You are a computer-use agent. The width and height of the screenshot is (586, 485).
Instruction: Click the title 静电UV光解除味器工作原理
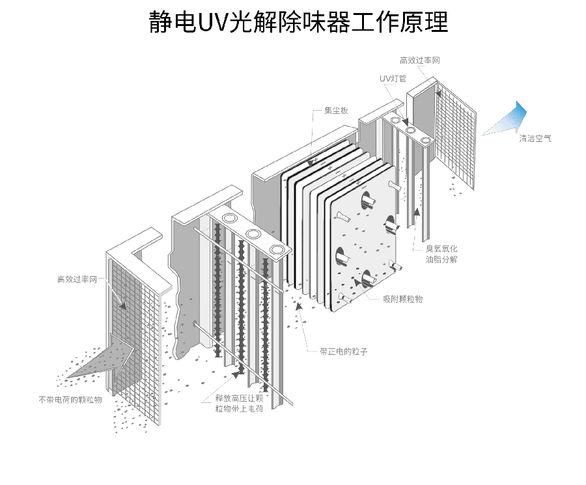[x=298, y=22]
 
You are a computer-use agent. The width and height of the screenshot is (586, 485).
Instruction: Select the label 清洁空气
[x=535, y=139]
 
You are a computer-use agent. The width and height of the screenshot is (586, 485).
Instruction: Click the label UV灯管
[x=393, y=79]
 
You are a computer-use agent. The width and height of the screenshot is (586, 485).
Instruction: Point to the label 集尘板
[x=336, y=110]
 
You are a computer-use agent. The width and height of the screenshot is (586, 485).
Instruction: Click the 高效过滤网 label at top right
[x=420, y=60]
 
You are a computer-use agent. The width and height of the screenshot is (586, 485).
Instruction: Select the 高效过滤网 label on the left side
[x=77, y=279]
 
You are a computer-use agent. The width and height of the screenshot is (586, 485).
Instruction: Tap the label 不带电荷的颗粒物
[x=70, y=400]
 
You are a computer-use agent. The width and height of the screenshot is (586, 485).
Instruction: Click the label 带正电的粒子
[x=343, y=352]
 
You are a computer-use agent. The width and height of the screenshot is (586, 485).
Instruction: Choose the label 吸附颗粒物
[x=403, y=299]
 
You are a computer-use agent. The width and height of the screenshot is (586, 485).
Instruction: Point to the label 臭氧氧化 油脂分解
[x=441, y=254]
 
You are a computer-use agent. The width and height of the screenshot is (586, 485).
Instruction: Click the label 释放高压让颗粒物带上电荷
[x=239, y=404]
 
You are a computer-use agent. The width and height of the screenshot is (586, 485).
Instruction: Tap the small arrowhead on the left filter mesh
[x=122, y=305]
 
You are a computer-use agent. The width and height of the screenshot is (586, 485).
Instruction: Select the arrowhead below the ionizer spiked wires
[x=236, y=374]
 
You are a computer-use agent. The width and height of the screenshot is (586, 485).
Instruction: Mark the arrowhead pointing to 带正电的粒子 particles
[x=299, y=306]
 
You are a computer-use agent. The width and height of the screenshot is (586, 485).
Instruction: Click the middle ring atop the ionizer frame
[x=253, y=234]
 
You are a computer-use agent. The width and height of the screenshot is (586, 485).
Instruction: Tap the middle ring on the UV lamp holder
[x=410, y=130]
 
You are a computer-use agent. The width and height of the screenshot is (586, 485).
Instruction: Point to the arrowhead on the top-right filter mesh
[x=439, y=93]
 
